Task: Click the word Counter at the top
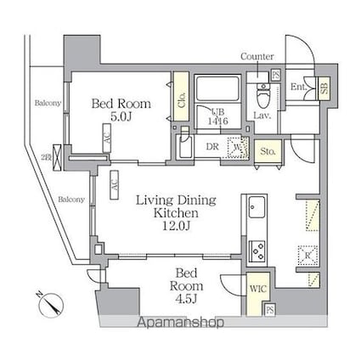257,56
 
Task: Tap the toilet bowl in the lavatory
262,95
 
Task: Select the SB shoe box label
324,87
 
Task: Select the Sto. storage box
268,151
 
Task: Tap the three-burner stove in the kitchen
257,250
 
